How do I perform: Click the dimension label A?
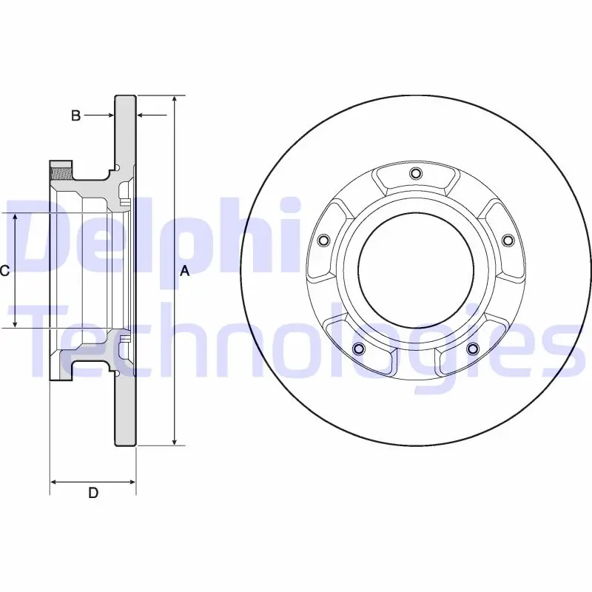(184, 271)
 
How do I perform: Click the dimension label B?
(76, 115)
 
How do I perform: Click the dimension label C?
(4, 270)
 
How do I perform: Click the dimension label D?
(93, 493)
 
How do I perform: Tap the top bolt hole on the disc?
(416, 173)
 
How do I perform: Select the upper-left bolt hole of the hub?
(323, 240)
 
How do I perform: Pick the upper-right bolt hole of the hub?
(508, 240)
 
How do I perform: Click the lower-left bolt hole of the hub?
(359, 349)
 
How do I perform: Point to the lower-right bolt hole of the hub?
(472, 349)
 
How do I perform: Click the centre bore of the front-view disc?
(416, 270)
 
